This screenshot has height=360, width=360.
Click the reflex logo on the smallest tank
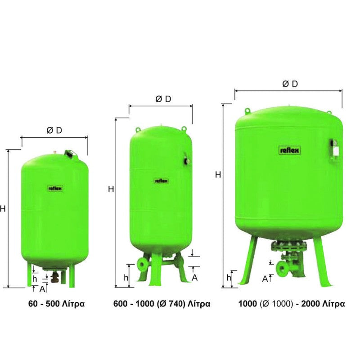coord(55,189)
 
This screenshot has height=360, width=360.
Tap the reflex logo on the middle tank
coord(161,181)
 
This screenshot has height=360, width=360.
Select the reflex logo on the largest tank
coord(290,150)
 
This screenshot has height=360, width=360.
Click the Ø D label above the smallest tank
coord(54,130)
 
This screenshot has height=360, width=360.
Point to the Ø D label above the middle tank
coord(163,99)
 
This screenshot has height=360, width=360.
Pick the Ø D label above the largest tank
coord(290,84)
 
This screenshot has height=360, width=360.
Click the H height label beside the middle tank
coord(111,189)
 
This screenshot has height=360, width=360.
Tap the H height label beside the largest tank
coord(218,175)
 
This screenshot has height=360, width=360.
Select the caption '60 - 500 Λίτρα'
coord(57,304)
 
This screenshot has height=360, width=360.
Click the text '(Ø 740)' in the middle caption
coord(171,304)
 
